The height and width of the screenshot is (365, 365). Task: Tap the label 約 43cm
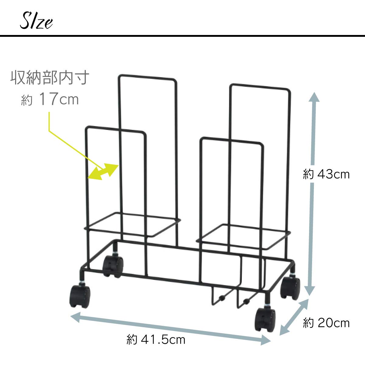(x=326, y=175)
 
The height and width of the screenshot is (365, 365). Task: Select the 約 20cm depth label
(x=326, y=323)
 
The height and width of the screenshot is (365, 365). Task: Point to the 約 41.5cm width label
(x=156, y=339)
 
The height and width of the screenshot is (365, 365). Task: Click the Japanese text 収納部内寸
(x=50, y=78)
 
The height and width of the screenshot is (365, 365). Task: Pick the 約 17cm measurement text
(x=50, y=100)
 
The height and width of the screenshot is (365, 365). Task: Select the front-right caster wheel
(x=266, y=319)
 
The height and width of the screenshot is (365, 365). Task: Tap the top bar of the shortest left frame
(x=116, y=129)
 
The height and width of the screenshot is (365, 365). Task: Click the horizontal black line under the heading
(x=182, y=36)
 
